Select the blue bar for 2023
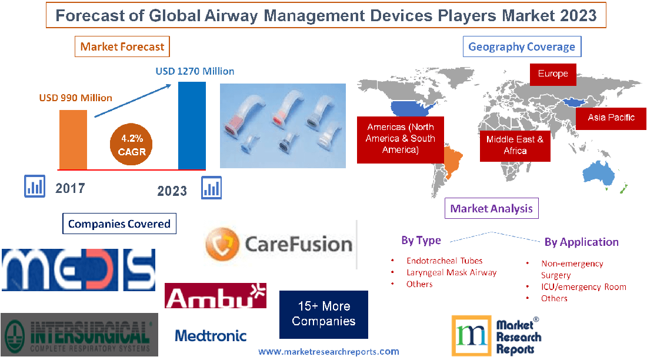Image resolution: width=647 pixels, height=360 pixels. (192, 125)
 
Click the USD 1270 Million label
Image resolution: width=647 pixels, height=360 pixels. (195, 71)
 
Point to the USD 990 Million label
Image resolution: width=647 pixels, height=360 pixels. (76, 98)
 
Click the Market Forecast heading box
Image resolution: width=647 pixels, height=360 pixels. (122, 46)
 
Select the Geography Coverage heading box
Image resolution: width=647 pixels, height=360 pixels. (522, 46)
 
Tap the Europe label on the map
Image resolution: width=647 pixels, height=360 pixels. (553, 74)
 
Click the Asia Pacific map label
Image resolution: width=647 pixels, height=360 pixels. (611, 118)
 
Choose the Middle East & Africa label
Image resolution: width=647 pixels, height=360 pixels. (515, 145)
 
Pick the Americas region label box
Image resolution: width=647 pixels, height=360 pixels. (400, 139)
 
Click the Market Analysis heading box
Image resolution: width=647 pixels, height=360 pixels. (492, 208)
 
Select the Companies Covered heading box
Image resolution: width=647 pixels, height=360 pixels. (119, 224)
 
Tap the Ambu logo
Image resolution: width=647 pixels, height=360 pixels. (215, 296)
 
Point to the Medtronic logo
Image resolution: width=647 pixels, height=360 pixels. (211, 336)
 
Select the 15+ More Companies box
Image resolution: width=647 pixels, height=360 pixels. (323, 314)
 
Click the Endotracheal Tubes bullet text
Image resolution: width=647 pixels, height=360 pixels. (444, 261)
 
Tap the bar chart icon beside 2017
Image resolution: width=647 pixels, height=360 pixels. (35, 186)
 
